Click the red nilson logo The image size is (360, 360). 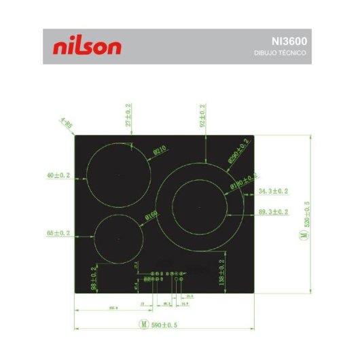(87, 46)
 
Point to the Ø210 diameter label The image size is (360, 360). (160, 150)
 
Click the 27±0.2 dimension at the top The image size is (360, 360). (129, 115)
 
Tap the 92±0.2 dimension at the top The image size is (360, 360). (202, 115)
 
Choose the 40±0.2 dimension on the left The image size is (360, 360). (60, 175)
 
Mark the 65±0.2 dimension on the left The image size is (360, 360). (60, 233)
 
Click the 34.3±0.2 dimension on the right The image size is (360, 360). (273, 192)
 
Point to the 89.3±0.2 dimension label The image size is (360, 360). (273, 213)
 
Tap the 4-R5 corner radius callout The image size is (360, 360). (66, 123)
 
